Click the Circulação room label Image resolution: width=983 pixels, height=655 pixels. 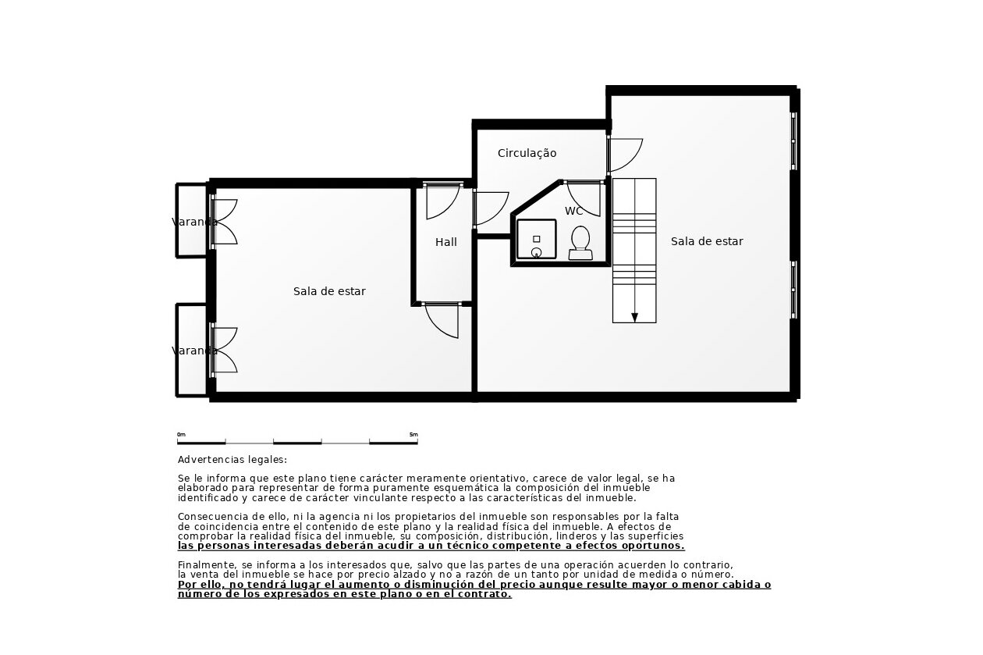(x=527, y=153)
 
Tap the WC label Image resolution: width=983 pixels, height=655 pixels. (x=573, y=211)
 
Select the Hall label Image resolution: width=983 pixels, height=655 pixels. (x=446, y=242)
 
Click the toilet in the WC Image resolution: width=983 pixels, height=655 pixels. (x=580, y=243)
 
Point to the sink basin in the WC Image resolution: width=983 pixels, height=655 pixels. (x=536, y=239)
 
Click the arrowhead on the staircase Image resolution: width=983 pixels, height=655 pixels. (x=634, y=318)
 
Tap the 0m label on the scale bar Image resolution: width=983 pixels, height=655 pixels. (x=181, y=435)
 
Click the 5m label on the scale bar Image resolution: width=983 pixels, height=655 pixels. (x=413, y=435)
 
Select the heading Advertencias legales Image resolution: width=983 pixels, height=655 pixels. (x=232, y=460)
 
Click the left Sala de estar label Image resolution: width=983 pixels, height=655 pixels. (x=329, y=291)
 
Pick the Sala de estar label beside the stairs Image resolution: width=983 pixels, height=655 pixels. (x=707, y=241)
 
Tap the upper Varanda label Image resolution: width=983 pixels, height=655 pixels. (x=194, y=222)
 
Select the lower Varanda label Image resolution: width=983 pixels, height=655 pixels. (x=194, y=351)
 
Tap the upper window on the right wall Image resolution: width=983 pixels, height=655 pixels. (x=793, y=141)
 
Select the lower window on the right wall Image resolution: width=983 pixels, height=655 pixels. (x=793, y=290)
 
